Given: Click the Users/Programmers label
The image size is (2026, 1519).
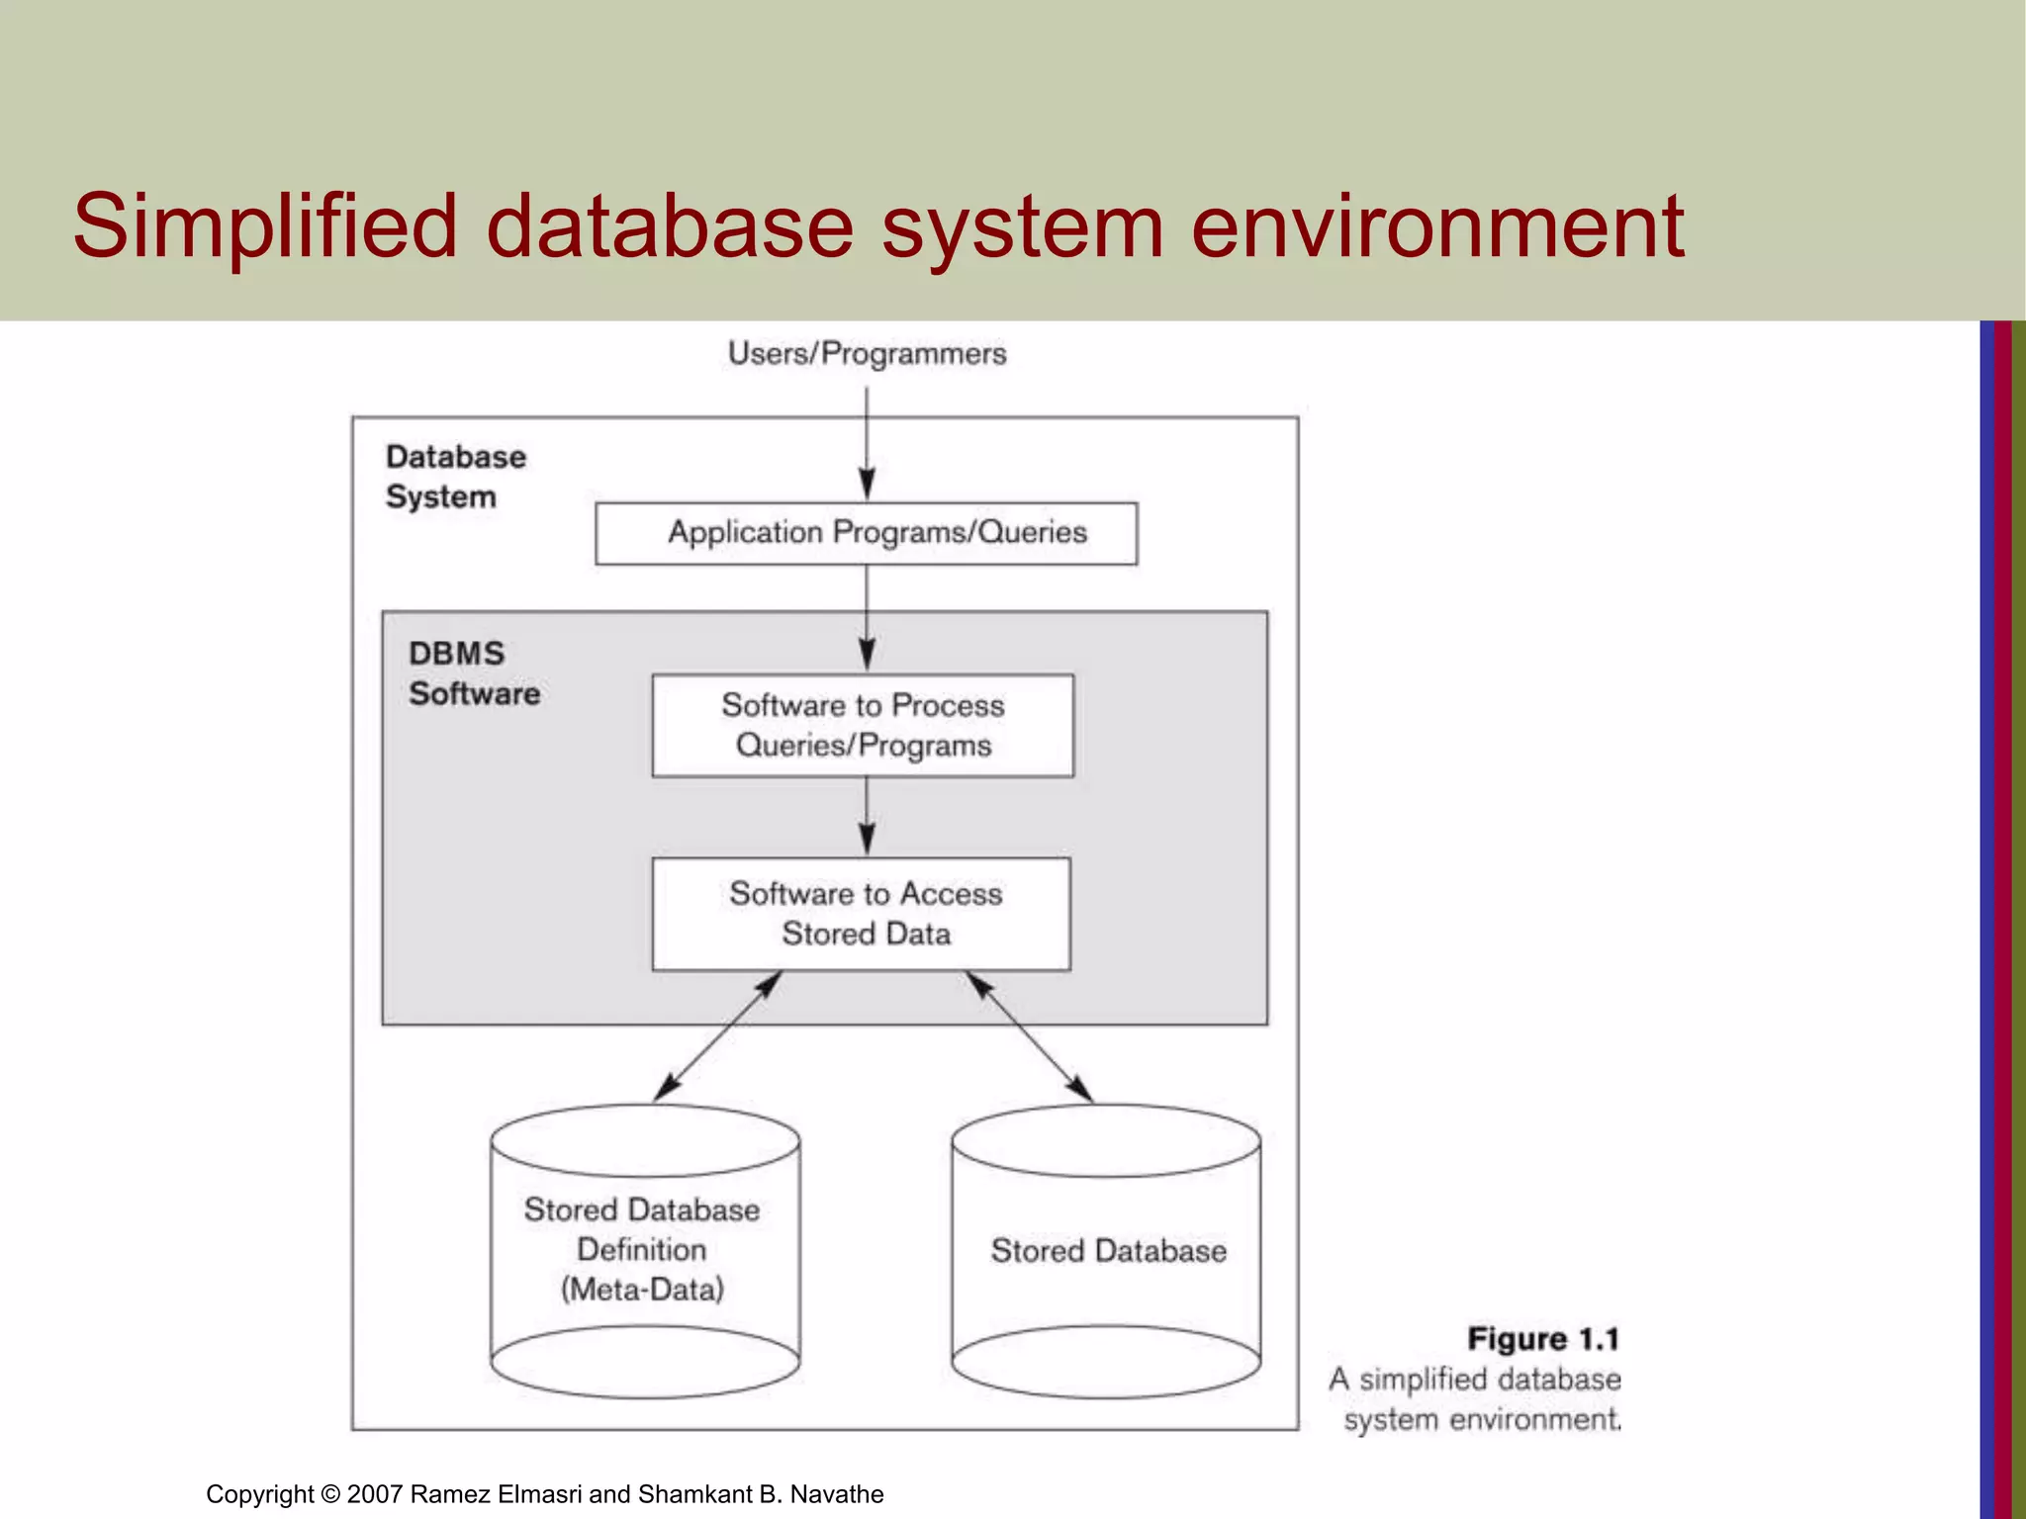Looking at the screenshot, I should (x=867, y=354).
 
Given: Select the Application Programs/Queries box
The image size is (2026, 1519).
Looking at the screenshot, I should (x=867, y=533).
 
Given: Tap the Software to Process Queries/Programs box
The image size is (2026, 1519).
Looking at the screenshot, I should (x=863, y=725).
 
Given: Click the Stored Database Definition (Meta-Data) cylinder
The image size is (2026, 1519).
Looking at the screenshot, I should (x=644, y=1251).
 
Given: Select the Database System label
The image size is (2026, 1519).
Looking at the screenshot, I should (x=454, y=477).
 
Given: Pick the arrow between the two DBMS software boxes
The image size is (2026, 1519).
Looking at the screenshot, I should (x=867, y=816).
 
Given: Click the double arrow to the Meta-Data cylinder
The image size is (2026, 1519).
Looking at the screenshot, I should (x=718, y=1036).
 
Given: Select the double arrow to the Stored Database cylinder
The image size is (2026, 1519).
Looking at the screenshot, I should (x=1030, y=1036).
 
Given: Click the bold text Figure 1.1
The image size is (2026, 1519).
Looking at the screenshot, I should (x=1542, y=1339).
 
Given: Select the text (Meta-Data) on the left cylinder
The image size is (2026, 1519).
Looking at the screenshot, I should (x=643, y=1290).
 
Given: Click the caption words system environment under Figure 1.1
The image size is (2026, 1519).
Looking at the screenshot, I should (x=1482, y=1420).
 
